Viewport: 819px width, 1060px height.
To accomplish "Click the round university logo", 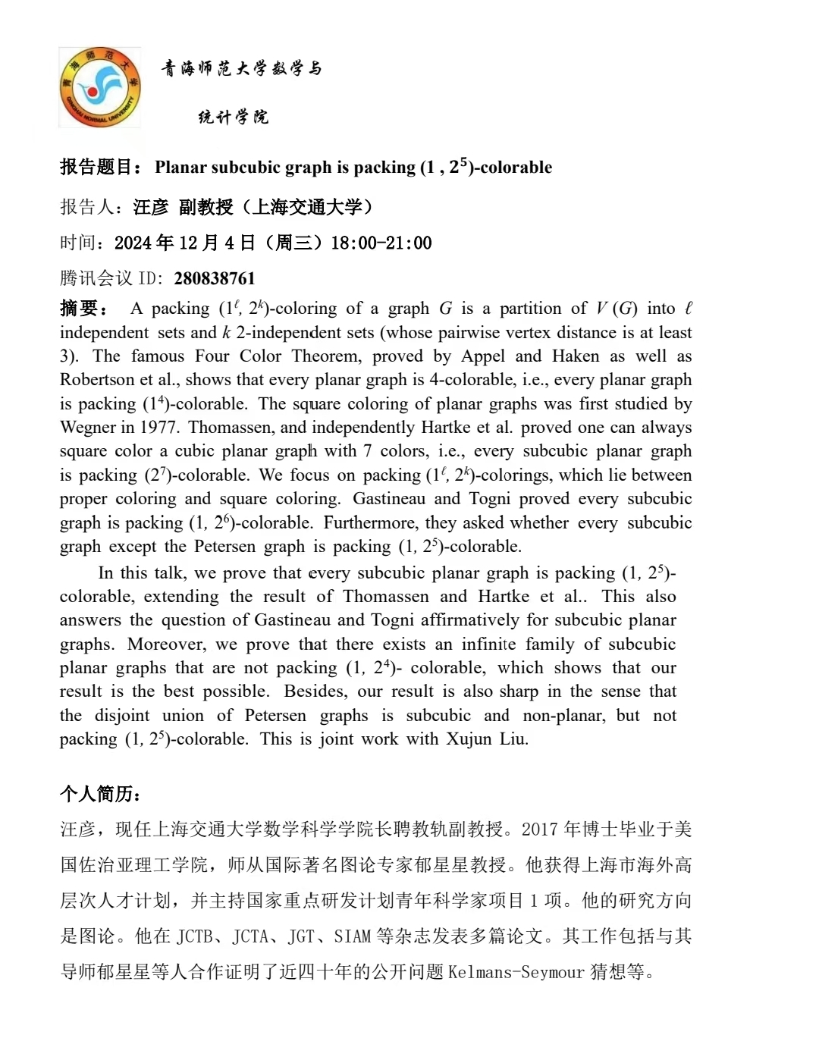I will [x=100, y=86].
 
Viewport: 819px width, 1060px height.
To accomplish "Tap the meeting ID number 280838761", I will [x=215, y=278].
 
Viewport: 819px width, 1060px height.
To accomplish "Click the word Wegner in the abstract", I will [x=89, y=428].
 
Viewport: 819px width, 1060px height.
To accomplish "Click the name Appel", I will [x=483, y=356].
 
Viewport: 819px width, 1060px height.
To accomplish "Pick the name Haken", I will [x=576, y=356].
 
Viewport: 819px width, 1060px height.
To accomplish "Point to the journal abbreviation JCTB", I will [x=195, y=936].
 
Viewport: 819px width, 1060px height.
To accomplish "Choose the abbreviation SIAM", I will [x=352, y=936].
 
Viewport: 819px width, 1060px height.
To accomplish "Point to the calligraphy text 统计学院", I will [x=234, y=117].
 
